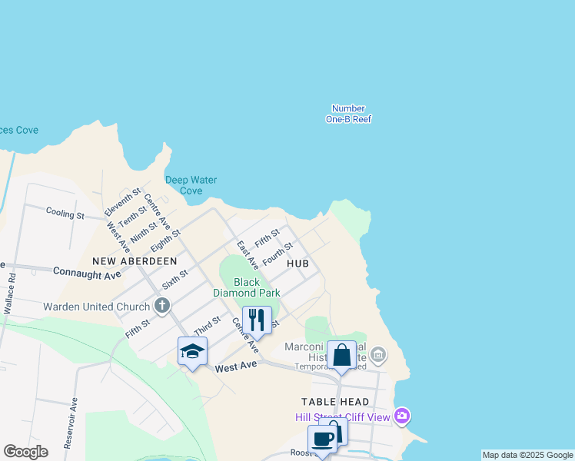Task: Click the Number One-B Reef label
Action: [x=348, y=114]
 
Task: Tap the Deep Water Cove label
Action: [x=191, y=185]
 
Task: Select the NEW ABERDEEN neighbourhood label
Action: [x=135, y=261]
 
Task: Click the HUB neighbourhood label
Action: [x=297, y=264]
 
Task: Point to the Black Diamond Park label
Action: [x=246, y=287]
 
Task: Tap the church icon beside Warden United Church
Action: [x=161, y=306]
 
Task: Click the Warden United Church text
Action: [x=96, y=307]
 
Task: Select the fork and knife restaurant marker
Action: [x=257, y=319]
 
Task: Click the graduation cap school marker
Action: [x=192, y=351]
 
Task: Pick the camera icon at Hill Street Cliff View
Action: [x=401, y=416]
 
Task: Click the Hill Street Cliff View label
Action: [x=343, y=417]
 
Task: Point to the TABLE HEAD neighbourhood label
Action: [x=335, y=402]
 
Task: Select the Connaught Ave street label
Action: [x=87, y=274]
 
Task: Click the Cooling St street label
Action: [x=65, y=213]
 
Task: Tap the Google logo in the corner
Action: [x=25, y=452]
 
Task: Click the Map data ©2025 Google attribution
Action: [x=527, y=455]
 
